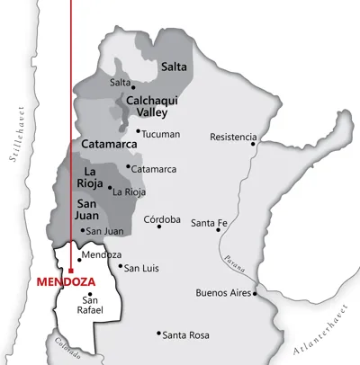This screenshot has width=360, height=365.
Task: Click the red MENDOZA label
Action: point(67,280)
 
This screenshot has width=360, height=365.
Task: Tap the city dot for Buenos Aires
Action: point(256,293)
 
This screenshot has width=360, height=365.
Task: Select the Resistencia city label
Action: point(232,137)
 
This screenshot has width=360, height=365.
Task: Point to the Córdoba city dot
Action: point(159,227)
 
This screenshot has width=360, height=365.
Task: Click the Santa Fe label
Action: point(209,222)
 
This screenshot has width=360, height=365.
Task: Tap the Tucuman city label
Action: point(160,134)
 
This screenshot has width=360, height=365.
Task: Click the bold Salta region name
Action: point(174,66)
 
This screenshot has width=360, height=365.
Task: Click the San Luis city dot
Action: point(121,265)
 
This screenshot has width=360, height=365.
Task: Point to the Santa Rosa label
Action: point(186,334)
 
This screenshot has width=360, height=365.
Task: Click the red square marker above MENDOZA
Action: point(70,269)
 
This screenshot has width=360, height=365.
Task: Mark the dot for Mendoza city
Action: point(78,260)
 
